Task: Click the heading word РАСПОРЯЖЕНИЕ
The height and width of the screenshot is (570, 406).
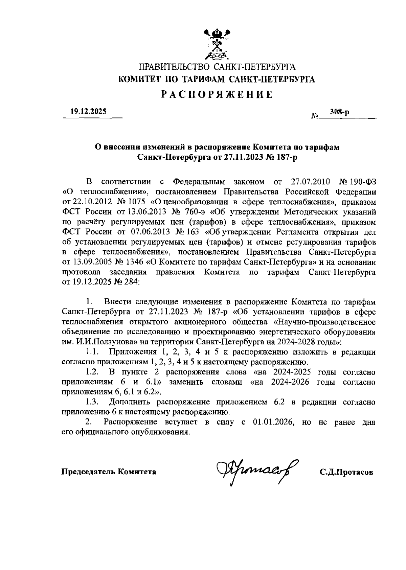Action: pyautogui.click(x=217, y=94)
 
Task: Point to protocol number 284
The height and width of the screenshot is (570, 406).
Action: pyautogui.click(x=131, y=282)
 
